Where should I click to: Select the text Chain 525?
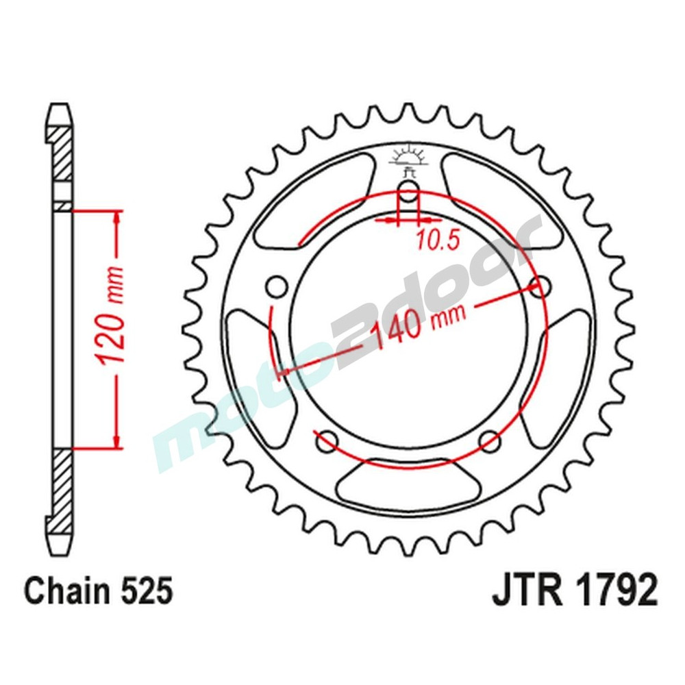97,590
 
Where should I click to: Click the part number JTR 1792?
575,590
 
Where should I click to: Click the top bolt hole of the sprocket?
408,192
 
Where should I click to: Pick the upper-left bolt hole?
277,286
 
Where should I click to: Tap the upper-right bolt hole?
540,286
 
